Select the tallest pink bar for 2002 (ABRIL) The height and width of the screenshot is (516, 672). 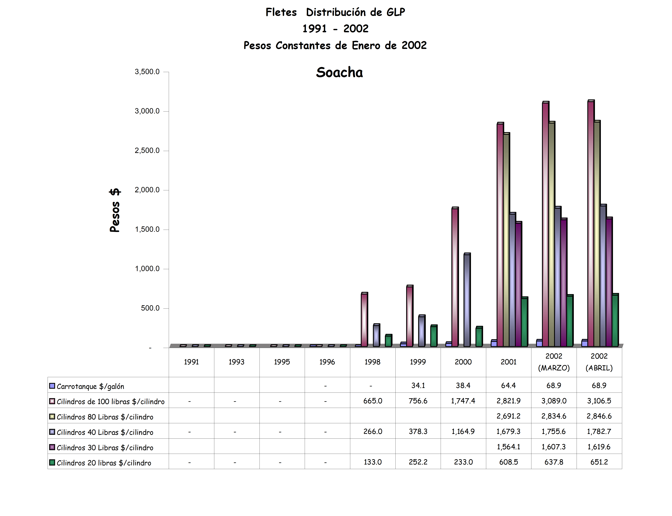pos(590,224)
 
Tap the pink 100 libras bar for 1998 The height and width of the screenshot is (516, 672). pos(364,319)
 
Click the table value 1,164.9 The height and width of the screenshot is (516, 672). pos(463,432)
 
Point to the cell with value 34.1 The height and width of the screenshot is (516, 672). pos(418,385)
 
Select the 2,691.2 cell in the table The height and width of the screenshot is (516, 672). pos(508,416)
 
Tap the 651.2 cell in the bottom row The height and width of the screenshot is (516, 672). pos(599,462)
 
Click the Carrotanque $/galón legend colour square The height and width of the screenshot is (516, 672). pos(52,386)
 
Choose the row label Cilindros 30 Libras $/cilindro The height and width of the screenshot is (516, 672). pos(105,447)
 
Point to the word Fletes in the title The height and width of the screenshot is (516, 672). pos(281,12)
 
